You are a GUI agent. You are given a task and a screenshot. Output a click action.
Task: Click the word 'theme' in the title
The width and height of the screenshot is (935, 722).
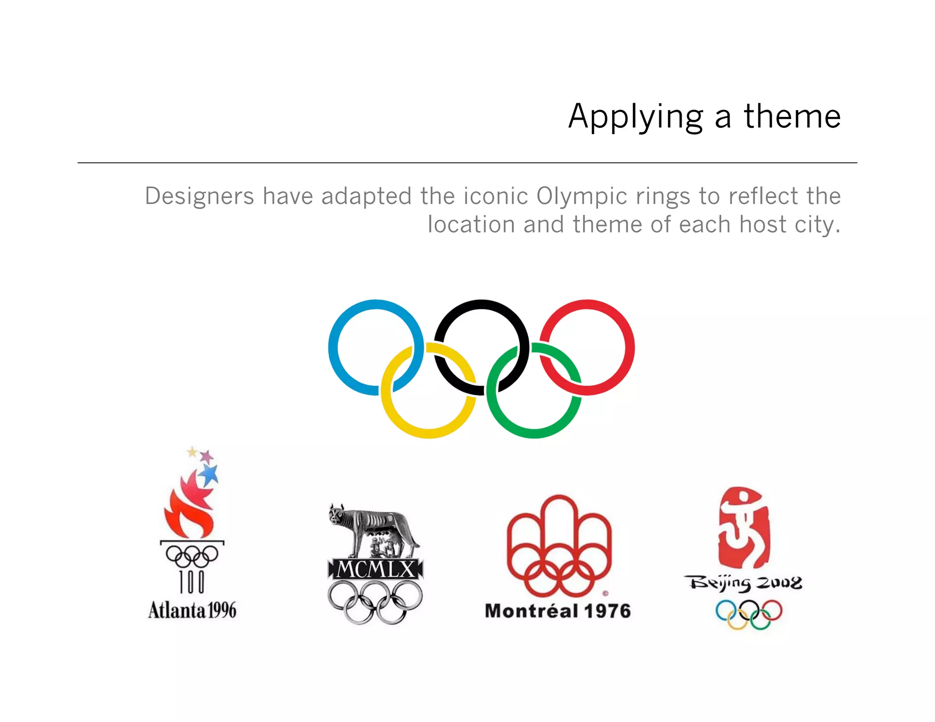click(x=792, y=116)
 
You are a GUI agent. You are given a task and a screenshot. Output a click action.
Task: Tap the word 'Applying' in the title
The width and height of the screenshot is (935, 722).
click(x=636, y=117)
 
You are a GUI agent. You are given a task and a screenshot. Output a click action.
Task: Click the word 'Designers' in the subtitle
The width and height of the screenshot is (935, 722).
click(x=200, y=197)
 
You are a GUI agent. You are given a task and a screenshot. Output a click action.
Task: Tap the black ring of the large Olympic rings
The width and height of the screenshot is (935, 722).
click(x=481, y=305)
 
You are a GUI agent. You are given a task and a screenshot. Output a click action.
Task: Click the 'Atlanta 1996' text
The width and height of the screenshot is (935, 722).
click(x=192, y=610)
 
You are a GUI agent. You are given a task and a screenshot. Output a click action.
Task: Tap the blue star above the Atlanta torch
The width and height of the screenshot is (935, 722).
click(x=210, y=475)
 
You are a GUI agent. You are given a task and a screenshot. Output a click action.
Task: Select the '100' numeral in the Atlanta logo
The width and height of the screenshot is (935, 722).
click(x=192, y=582)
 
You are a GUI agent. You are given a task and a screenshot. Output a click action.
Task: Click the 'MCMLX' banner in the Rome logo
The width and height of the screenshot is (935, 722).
click(x=375, y=570)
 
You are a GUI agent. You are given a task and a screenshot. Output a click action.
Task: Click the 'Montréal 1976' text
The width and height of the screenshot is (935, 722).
click(x=558, y=611)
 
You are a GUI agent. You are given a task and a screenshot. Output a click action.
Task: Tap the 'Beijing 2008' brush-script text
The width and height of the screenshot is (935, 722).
click(x=743, y=584)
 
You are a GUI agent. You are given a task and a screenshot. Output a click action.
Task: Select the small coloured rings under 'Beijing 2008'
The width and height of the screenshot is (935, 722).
click(x=749, y=614)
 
